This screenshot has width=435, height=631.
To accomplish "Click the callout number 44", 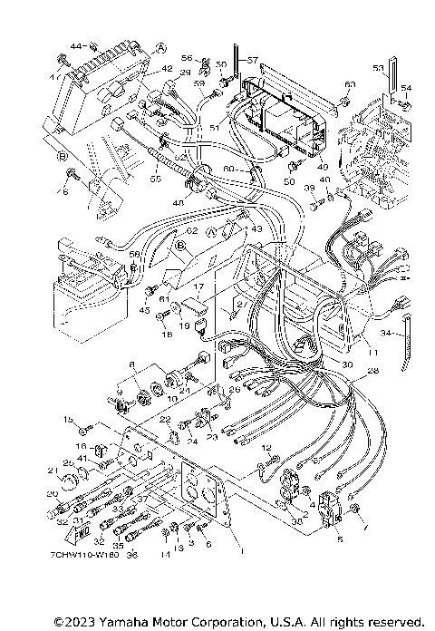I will click(x=75, y=44).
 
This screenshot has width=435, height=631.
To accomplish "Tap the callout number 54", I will click(x=406, y=88).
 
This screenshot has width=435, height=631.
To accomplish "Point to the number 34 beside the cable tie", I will click(x=387, y=334).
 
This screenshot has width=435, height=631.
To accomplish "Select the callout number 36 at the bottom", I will click(x=131, y=555).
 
